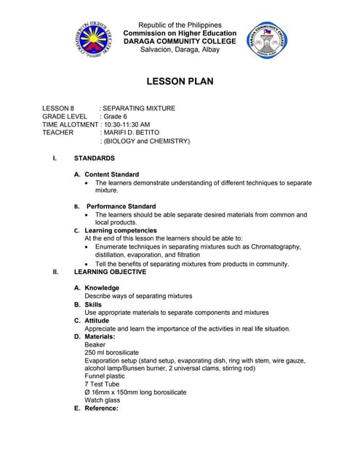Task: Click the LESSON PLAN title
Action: pyautogui.click(x=180, y=81)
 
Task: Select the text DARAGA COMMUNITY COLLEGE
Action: pyautogui.click(x=180, y=41)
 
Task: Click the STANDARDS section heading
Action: pyautogui.click(x=94, y=158)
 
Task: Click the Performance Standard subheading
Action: pyautogui.click(x=121, y=206)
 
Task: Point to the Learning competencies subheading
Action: pyautogui.click(x=121, y=230)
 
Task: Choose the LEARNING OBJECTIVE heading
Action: pyautogui.click(x=110, y=272)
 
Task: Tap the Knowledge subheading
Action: pyautogui.click(x=102, y=288)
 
